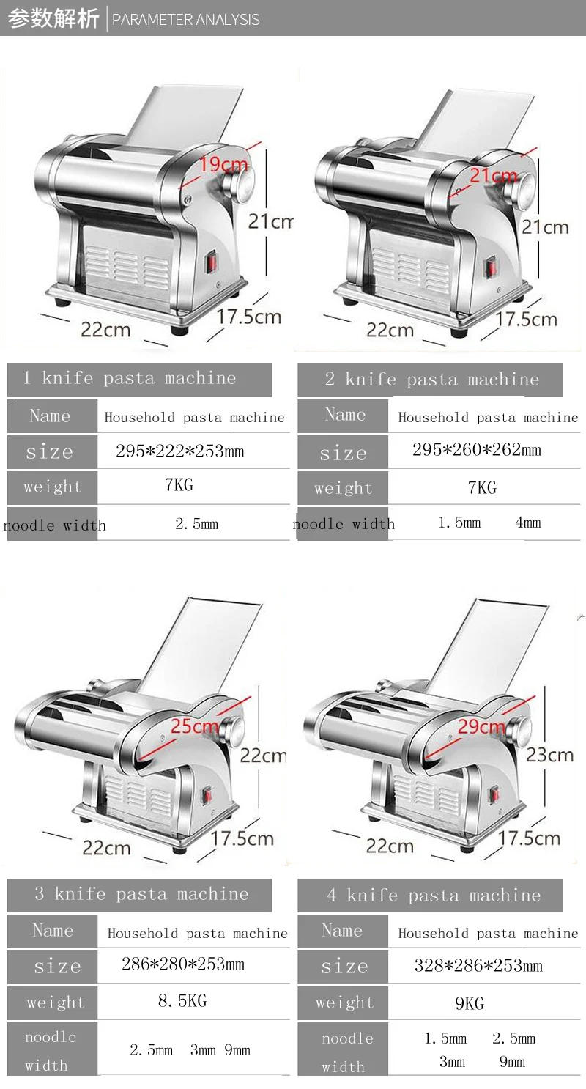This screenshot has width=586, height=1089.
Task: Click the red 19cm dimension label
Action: coord(224,164)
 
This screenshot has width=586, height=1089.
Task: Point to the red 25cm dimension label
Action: coord(195,726)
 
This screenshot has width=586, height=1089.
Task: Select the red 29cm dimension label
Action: coord(481,726)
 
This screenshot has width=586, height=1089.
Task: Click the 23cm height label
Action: coord(549,755)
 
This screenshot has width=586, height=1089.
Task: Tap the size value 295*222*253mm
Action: coord(180,451)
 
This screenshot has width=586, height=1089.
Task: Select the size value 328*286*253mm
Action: coord(478,966)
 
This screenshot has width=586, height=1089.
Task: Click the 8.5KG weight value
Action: coord(182,1001)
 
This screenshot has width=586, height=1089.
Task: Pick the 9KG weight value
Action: coord(470,1003)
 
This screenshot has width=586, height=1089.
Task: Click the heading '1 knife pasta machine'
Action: coord(130,379)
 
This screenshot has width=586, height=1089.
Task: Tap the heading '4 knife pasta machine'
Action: coord(434,896)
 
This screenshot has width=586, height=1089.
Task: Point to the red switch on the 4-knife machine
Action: coord(494,794)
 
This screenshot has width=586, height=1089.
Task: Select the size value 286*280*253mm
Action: coord(183,964)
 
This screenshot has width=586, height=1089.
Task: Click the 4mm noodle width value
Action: coord(527,523)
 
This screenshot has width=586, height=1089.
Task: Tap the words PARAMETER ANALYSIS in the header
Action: coord(186,20)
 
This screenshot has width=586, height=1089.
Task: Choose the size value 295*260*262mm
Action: coord(477,450)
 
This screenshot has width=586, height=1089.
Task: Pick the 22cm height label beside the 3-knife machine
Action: coord(263,755)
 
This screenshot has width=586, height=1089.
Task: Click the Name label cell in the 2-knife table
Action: coord(345,416)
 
